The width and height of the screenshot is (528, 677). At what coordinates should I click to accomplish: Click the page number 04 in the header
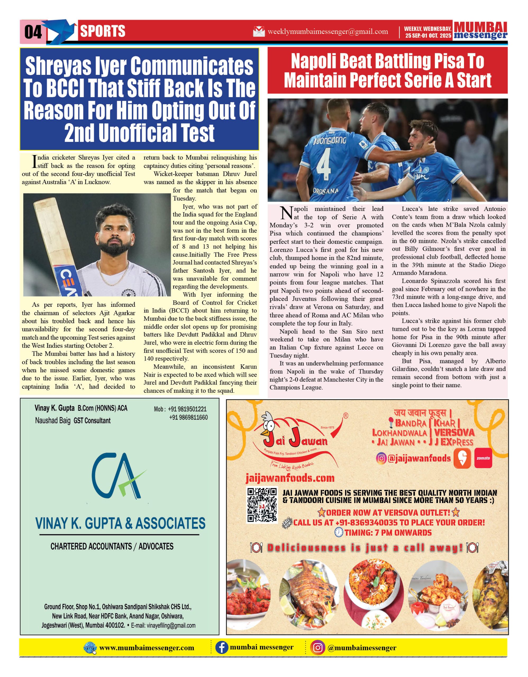tap(33, 32)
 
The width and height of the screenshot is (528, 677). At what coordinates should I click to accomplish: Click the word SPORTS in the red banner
tap(103, 31)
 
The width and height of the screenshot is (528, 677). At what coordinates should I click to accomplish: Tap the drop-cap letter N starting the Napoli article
tap(286, 213)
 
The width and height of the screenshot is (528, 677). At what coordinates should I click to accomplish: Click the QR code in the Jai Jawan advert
tap(262, 505)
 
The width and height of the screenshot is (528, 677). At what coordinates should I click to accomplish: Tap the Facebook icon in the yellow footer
tap(222, 648)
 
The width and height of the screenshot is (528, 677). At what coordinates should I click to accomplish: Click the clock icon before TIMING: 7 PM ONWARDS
tap(339, 533)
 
